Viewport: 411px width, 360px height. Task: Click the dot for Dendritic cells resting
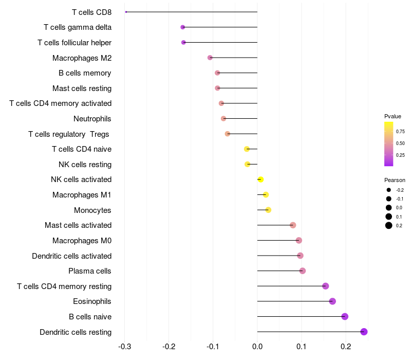click(x=364, y=332)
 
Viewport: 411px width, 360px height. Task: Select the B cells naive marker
click(x=345, y=316)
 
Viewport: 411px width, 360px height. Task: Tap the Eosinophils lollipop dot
click(x=332, y=301)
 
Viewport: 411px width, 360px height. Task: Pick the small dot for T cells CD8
click(x=126, y=12)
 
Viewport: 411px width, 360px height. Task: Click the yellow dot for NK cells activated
click(x=260, y=179)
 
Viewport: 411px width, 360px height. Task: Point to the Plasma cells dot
click(x=303, y=271)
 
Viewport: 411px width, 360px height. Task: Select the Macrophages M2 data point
click(x=210, y=58)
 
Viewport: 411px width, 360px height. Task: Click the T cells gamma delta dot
click(x=182, y=27)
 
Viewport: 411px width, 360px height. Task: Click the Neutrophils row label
click(x=92, y=119)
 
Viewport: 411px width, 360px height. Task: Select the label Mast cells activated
click(x=78, y=225)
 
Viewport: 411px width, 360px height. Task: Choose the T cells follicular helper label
click(x=74, y=42)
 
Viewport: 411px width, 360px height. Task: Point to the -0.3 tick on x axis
click(x=125, y=347)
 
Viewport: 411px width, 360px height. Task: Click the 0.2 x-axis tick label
click(x=346, y=347)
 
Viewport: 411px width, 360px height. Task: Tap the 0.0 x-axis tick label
click(x=257, y=347)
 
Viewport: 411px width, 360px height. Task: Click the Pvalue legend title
click(x=393, y=116)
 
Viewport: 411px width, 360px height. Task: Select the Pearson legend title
click(x=395, y=181)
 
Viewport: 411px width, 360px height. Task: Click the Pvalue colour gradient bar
click(x=389, y=144)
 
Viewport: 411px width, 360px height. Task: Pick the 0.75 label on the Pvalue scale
click(x=400, y=132)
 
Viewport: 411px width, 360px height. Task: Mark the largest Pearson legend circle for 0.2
click(x=389, y=225)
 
